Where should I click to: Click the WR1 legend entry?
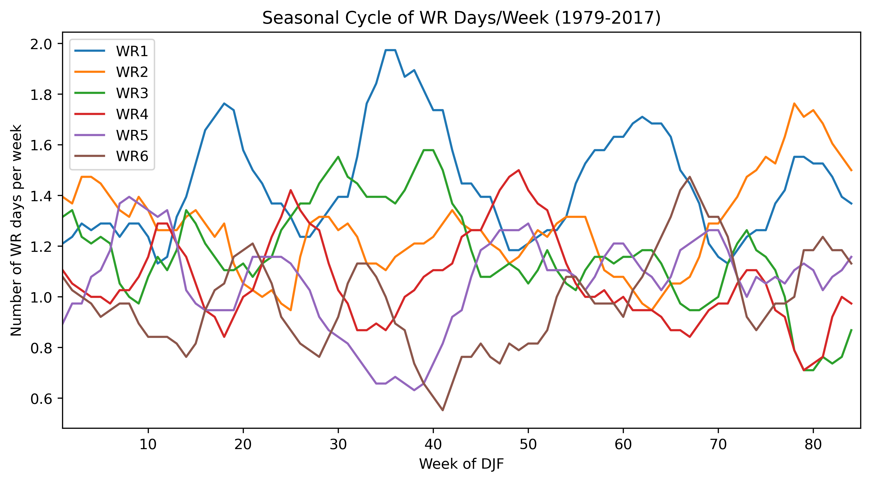(132, 51)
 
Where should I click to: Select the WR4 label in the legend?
(132, 114)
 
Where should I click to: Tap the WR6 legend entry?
(132, 156)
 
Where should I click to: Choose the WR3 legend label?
(132, 93)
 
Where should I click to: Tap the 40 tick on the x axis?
(433, 444)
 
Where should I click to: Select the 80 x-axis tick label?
(813, 444)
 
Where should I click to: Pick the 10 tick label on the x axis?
(148, 444)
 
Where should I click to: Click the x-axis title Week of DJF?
(461, 464)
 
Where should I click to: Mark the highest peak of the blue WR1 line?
(390, 50)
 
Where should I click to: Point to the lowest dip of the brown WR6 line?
(443, 410)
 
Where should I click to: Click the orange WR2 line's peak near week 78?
(794, 103)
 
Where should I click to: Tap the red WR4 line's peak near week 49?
(519, 170)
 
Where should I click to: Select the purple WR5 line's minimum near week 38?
(414, 390)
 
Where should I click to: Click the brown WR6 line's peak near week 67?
(690, 177)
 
